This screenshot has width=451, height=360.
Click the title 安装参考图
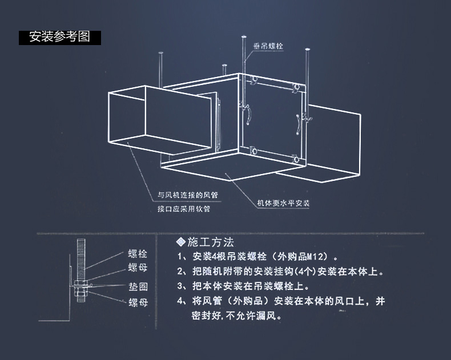pos(59,38)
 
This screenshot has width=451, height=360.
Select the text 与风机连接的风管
pos(188,195)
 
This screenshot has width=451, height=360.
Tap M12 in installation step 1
pos(318,257)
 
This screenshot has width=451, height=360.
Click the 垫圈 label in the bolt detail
pos(137,287)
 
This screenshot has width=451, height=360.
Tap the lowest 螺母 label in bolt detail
pos(137,302)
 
